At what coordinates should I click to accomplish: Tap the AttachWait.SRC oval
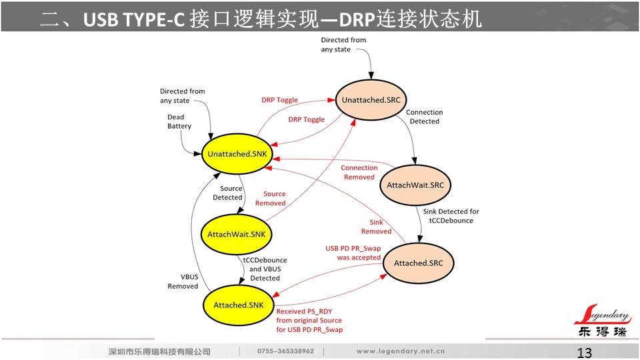click(413, 184)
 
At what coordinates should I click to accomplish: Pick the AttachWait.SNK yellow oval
click(237, 234)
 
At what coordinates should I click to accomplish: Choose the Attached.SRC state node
click(418, 263)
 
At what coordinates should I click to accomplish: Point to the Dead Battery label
click(179, 121)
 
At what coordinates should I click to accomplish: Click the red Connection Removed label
click(359, 173)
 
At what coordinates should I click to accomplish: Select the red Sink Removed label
click(376, 227)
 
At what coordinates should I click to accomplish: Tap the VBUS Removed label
click(183, 281)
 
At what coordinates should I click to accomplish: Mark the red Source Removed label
click(270, 199)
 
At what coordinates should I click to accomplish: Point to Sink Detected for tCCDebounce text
click(451, 216)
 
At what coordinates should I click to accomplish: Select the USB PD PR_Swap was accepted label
click(353, 253)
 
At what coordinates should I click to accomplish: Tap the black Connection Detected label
click(424, 117)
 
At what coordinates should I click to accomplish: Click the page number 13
click(584, 353)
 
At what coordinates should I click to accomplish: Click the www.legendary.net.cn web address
click(401, 351)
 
